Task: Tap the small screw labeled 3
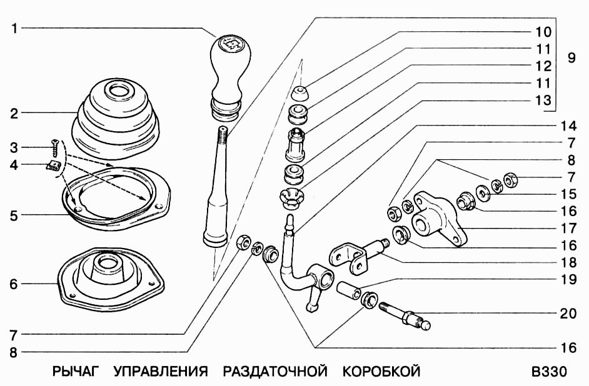(x=55, y=148)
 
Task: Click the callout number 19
(x=568, y=279)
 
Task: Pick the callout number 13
(x=543, y=100)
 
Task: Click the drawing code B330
(x=549, y=372)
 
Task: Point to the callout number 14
(x=568, y=126)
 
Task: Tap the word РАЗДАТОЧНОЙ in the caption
(x=275, y=372)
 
